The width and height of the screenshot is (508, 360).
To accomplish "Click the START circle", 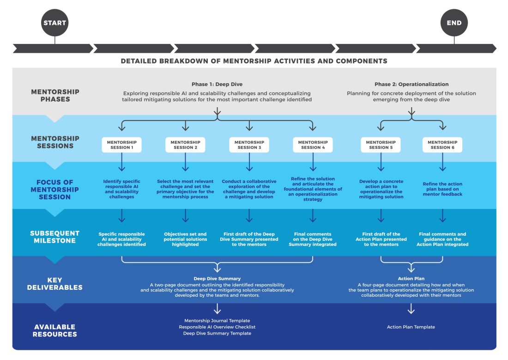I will [55, 23].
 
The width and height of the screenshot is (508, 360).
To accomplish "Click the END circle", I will [454, 23].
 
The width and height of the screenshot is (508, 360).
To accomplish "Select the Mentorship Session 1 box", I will [122, 145].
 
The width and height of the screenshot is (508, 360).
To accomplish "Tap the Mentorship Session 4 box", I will [313, 145].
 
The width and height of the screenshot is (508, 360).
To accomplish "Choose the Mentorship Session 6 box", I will [442, 145].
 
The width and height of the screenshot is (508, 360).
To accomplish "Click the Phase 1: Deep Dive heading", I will [217, 84].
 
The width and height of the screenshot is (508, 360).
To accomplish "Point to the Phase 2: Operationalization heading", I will [411, 84].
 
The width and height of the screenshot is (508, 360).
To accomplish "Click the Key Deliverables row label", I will [55, 284].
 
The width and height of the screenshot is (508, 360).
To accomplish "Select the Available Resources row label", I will [55, 330].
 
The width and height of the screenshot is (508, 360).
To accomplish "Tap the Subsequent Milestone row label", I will [55, 237].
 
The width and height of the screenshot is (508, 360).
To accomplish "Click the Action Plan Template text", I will [411, 327].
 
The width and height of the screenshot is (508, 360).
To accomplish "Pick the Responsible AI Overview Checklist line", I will [217, 327].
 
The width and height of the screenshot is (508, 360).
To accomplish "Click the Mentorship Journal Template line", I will [217, 320].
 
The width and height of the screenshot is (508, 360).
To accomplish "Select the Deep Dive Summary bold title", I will [217, 279].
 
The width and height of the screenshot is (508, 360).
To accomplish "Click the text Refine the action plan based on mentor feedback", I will [442, 189].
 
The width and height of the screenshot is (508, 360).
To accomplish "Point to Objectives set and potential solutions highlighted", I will [185, 239].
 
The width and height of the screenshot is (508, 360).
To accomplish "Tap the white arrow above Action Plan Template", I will [411, 309].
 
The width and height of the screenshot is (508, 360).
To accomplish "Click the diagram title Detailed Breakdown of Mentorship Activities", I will [254, 61].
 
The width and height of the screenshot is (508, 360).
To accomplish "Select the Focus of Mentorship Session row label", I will [55, 189].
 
